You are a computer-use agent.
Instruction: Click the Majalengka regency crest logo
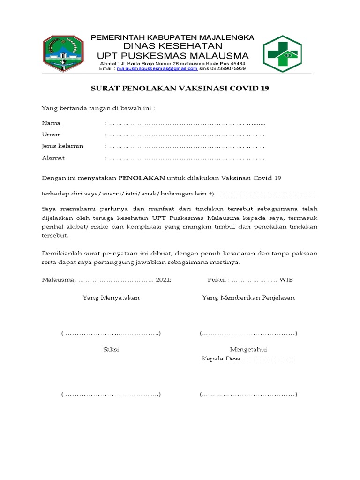tap(63, 52)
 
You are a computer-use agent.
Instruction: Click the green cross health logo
tap(282, 54)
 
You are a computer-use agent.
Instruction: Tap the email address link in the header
tap(157, 68)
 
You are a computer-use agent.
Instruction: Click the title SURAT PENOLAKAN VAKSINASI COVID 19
tap(180, 88)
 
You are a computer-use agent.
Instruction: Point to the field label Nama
tap(51, 123)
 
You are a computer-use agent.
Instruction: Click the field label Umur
tap(51, 135)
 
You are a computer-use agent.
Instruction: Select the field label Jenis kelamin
tap(62, 146)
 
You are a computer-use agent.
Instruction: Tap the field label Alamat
tap(53, 157)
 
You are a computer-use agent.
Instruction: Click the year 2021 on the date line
tap(163, 280)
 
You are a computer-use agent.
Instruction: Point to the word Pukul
tap(217, 280)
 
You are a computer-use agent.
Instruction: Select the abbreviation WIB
tap(286, 280)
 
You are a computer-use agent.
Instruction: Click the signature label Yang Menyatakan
tap(111, 298)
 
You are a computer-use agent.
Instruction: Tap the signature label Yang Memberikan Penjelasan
tap(248, 298)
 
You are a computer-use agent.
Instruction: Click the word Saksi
tap(111, 349)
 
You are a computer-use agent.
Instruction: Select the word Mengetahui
tap(248, 349)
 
